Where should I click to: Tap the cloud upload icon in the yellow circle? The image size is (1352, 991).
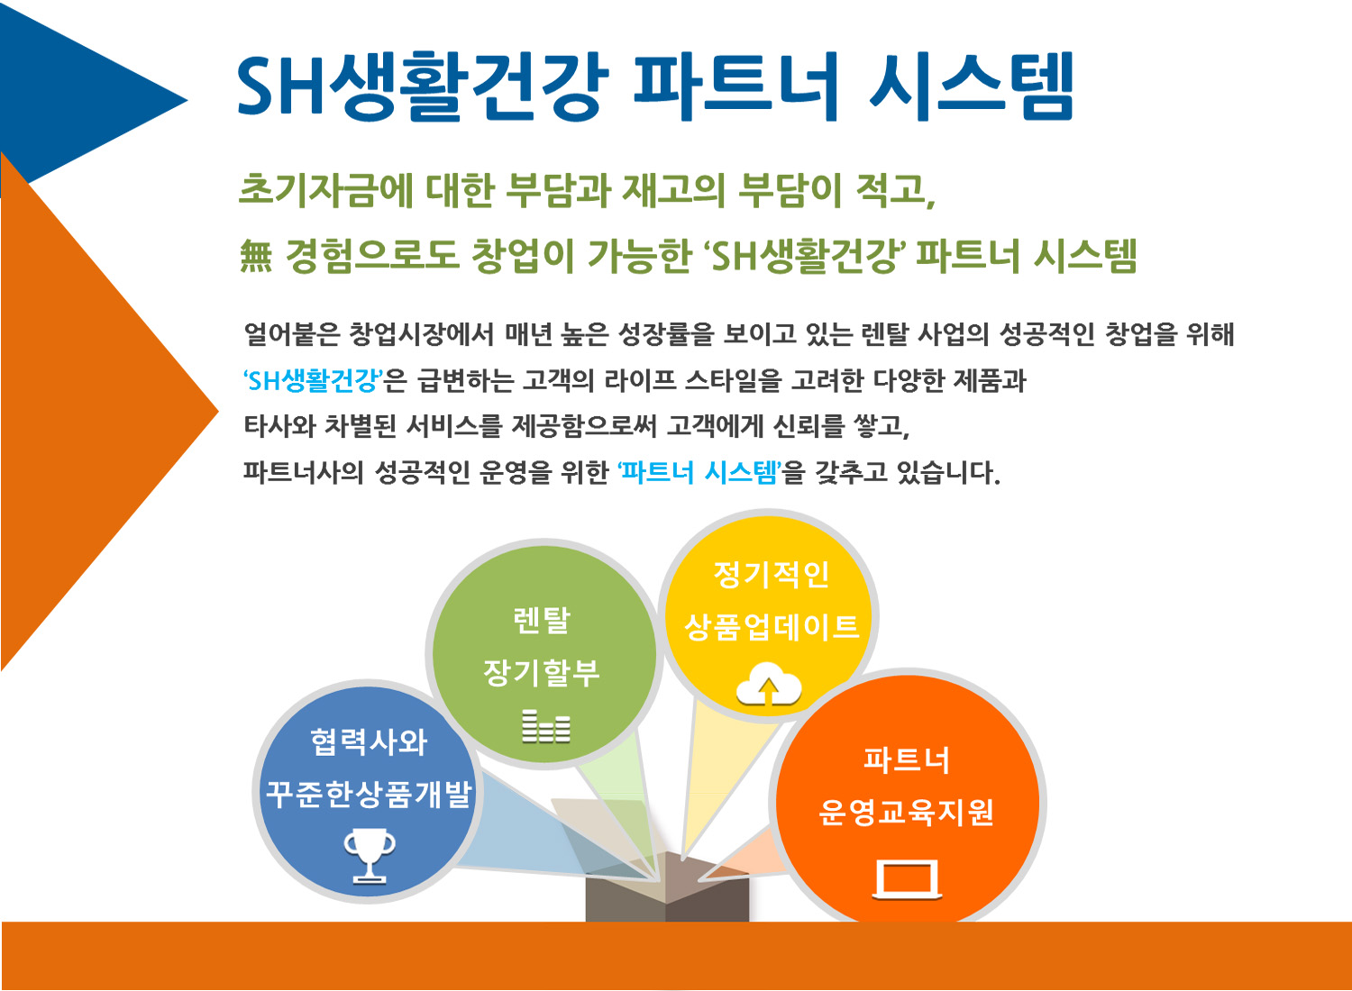[x=768, y=684]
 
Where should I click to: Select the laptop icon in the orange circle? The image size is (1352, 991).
[x=907, y=880]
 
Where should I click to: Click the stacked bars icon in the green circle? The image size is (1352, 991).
[x=545, y=726]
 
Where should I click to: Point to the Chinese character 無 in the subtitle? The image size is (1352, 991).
[x=256, y=256]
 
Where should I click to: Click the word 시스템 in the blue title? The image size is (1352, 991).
[x=971, y=86]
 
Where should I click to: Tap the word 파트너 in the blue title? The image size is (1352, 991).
[x=735, y=86]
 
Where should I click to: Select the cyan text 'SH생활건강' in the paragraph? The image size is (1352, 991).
[x=313, y=380]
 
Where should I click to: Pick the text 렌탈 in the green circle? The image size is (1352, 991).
[x=542, y=620]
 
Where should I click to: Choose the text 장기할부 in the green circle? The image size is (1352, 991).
[x=542, y=673]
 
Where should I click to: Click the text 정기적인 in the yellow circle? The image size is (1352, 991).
[x=772, y=574]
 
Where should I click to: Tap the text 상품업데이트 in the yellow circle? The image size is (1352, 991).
[x=772, y=627]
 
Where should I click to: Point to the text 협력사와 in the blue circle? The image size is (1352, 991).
[x=369, y=741]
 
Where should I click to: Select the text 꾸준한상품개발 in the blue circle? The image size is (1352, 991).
[x=369, y=795]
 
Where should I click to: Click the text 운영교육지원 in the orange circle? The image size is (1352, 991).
[x=906, y=812]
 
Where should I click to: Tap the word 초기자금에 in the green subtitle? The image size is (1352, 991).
[x=326, y=190]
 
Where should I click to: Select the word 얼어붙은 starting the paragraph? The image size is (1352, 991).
[x=292, y=334]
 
